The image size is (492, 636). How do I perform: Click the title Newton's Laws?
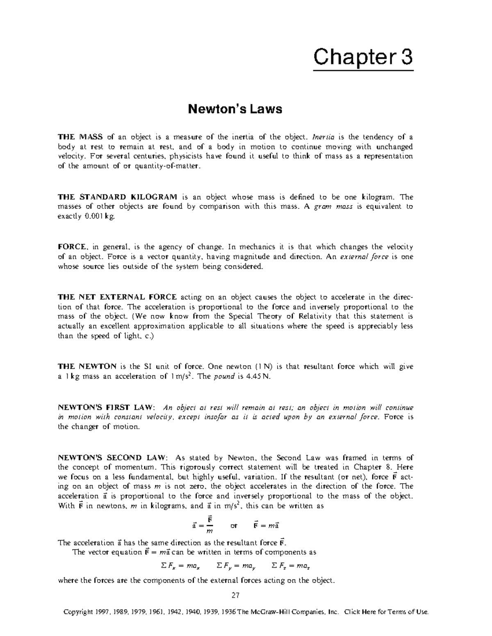(x=235, y=109)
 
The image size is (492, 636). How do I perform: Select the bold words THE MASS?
(x=80, y=137)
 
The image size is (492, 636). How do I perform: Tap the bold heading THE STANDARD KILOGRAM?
(x=118, y=197)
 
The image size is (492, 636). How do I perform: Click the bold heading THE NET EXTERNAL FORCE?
(x=117, y=297)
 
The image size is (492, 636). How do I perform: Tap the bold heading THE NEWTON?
(x=87, y=367)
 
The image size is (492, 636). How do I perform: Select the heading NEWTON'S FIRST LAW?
(x=106, y=407)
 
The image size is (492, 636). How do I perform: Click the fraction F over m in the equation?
(x=210, y=525)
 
